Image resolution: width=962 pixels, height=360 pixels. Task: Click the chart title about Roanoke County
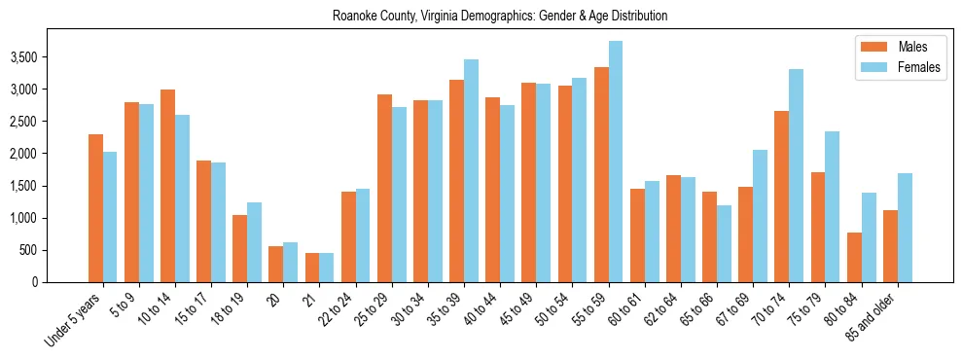click(500, 16)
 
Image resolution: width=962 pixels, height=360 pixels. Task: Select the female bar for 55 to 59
click(616, 162)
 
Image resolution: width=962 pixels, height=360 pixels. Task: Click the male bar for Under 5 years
click(95, 208)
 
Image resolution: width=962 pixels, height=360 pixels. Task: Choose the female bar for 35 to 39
click(471, 170)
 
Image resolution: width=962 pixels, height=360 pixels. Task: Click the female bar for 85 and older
click(905, 228)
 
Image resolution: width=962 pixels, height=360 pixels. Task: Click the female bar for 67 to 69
click(760, 216)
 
